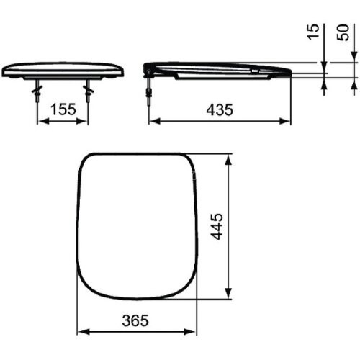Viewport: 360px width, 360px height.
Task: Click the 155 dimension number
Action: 62,110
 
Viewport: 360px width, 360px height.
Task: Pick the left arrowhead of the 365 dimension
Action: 81,332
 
